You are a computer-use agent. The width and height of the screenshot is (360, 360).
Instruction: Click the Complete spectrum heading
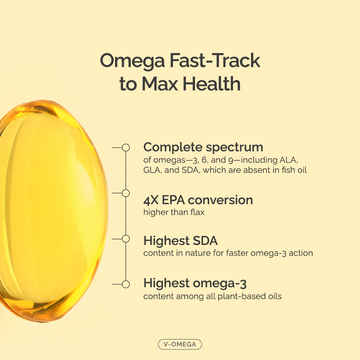[x=203, y=146]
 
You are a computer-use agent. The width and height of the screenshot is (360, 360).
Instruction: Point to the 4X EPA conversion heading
[x=198, y=199]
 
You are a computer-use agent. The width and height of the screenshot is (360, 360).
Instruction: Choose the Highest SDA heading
[x=181, y=240]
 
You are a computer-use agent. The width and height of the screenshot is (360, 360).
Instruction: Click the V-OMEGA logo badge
[x=180, y=342]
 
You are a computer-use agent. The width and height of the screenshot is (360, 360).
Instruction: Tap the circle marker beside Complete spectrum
[x=125, y=147]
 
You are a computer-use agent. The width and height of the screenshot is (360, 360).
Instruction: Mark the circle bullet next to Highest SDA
[x=125, y=240]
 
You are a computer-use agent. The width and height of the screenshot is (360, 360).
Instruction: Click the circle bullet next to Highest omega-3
[x=125, y=284]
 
